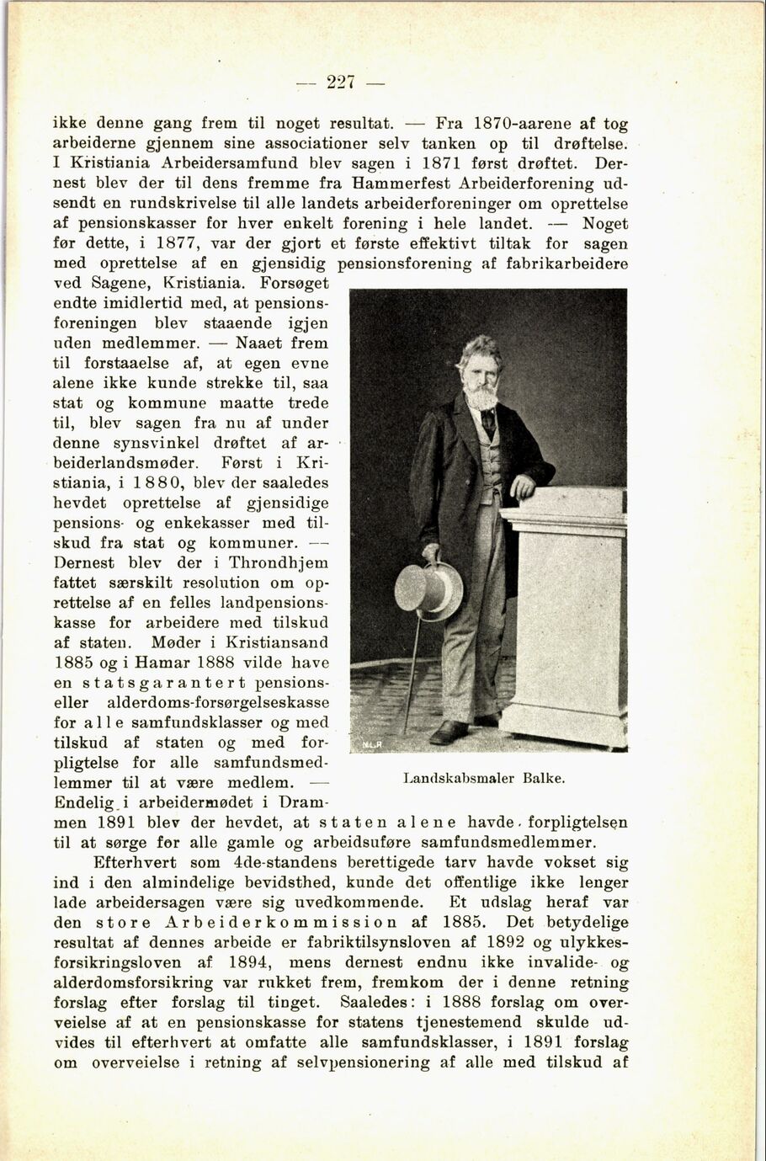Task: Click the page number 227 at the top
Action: coord(341,83)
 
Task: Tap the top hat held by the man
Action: coord(428,587)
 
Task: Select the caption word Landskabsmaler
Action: coord(458,778)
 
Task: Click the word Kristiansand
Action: coord(275,643)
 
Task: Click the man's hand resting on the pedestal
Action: coord(522,486)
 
